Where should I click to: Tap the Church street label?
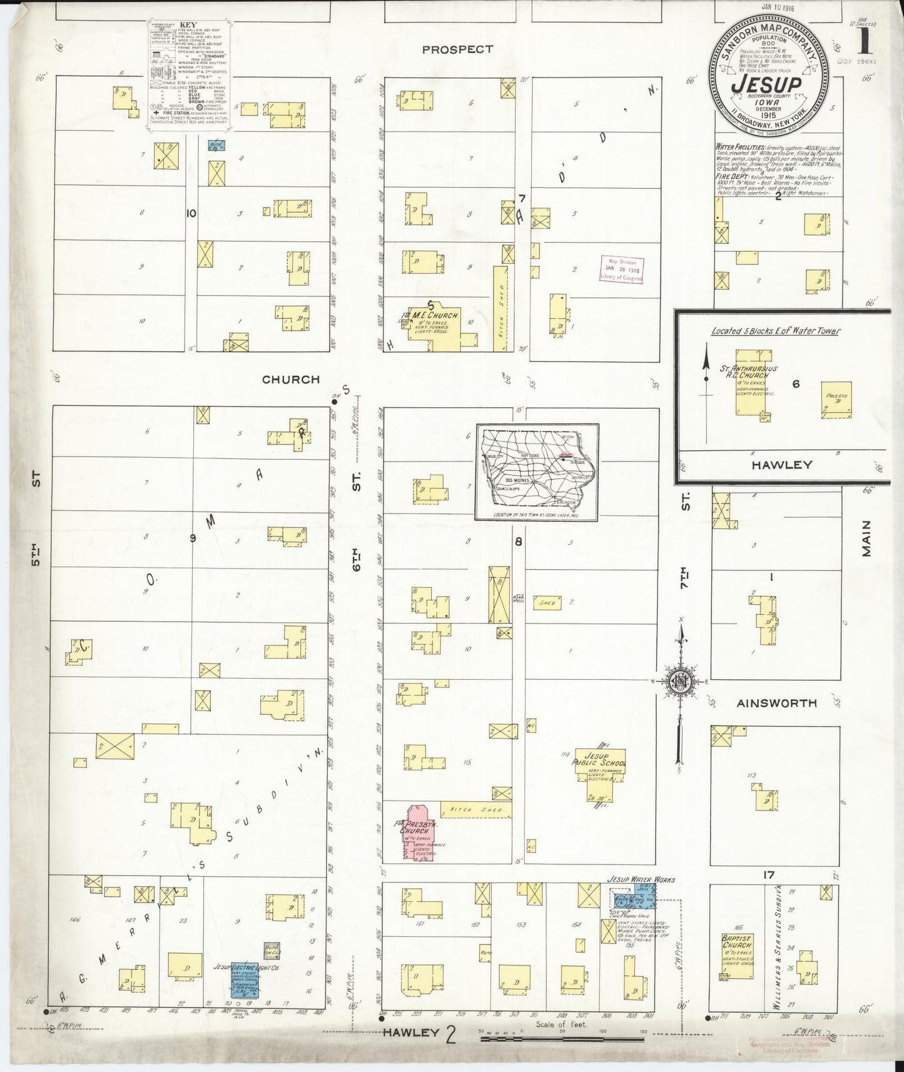click(x=290, y=380)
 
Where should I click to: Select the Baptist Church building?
click(x=738, y=958)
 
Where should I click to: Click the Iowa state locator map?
click(x=537, y=472)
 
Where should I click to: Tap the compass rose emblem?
click(x=679, y=682)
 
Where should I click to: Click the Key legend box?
click(x=188, y=76)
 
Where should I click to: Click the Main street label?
click(x=866, y=539)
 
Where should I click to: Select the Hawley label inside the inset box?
click(x=782, y=465)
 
